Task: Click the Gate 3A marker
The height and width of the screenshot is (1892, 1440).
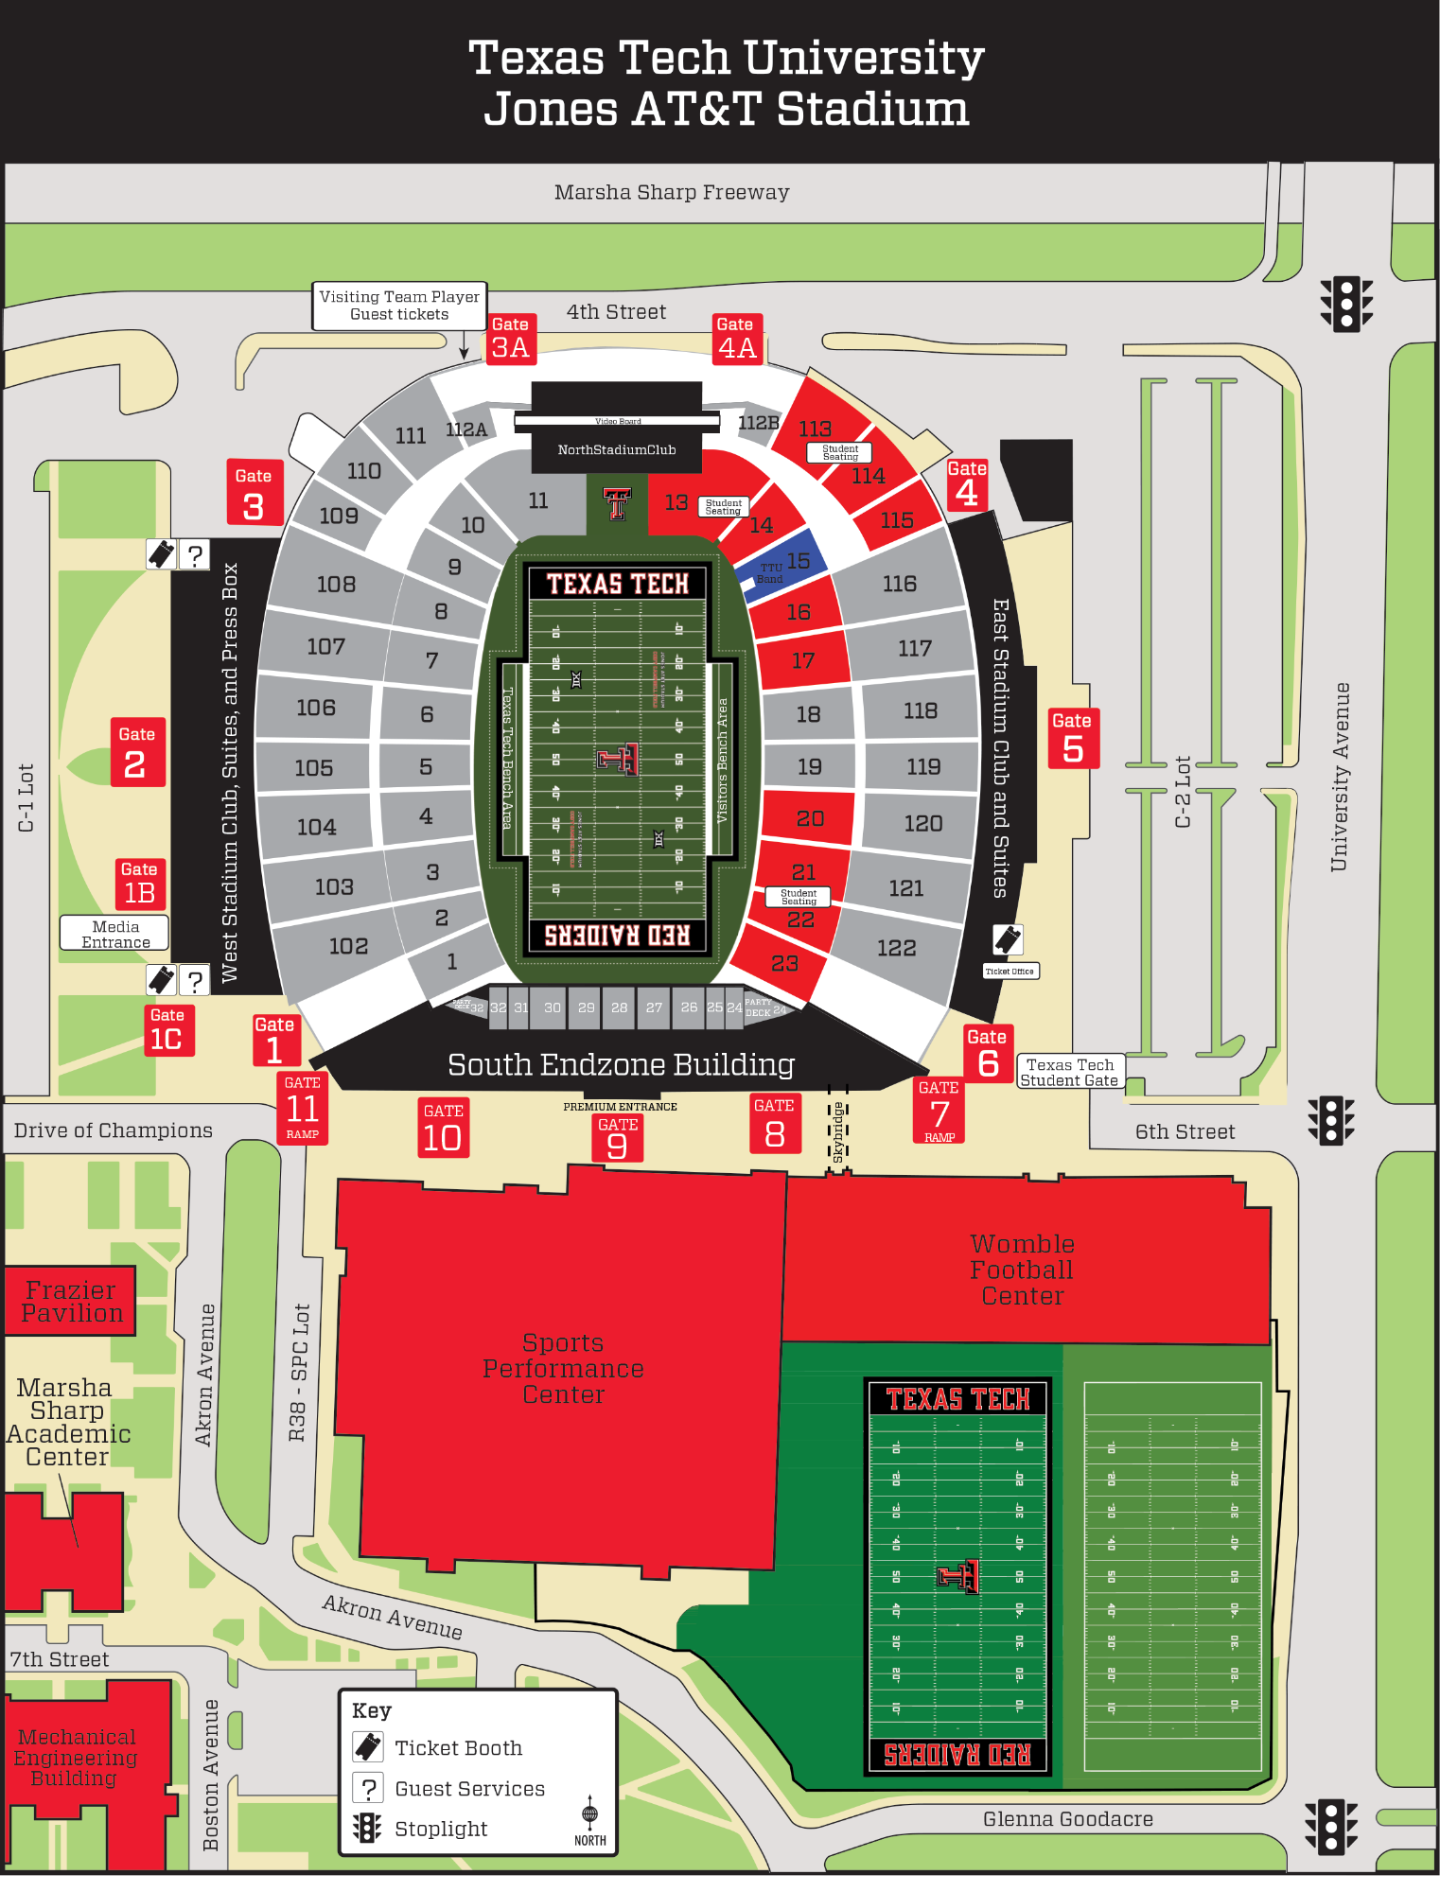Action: coord(511,339)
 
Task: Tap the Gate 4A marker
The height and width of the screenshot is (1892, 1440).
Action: coord(736,339)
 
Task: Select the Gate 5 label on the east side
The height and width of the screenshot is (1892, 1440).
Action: coord(1072,738)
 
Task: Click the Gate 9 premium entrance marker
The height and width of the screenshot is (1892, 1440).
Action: coord(617,1138)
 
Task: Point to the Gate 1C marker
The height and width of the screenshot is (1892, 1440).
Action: coord(167,1030)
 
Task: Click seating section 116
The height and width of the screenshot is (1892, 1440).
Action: coord(899,584)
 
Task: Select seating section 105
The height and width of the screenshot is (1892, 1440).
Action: coord(313,767)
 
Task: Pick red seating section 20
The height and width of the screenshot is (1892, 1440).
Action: coord(809,817)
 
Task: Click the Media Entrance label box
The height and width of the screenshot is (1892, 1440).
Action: coord(114,934)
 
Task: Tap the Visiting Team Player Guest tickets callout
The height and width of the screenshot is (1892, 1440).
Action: coord(399,305)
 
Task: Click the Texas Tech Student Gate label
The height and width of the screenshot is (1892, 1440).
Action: coord(1069,1072)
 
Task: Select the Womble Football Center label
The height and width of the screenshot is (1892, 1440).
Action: coord(1022,1270)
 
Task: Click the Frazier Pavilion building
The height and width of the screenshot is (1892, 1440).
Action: coord(71,1302)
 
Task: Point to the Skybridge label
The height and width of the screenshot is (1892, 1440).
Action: coord(837,1131)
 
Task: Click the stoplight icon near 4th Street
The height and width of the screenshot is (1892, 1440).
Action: coord(1345,303)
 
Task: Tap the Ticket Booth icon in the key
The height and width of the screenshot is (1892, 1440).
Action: coord(368,1746)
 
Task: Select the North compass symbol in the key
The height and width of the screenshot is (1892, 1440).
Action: coord(589,1818)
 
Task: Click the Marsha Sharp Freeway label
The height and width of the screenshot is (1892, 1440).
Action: coord(671,192)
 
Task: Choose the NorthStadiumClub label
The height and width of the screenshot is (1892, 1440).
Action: coord(616,449)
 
